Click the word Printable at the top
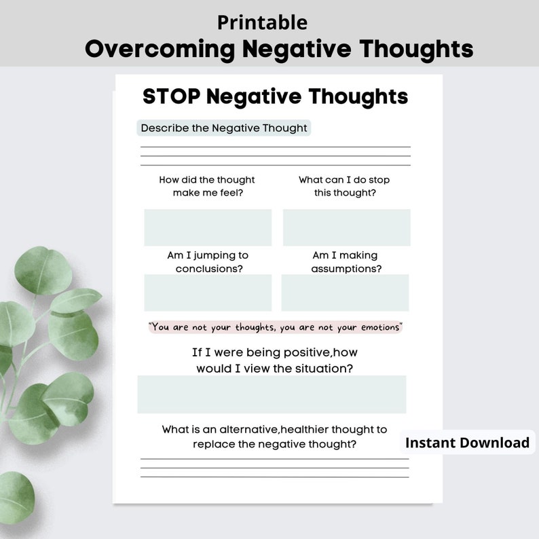click(262, 22)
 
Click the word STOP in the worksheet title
click(171, 96)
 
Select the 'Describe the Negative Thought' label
click(224, 128)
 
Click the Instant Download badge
click(467, 443)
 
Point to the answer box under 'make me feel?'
click(208, 227)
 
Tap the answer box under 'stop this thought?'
click(346, 227)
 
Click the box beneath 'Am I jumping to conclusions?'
click(208, 293)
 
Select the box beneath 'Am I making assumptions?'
click(345, 293)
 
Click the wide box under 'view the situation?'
click(272, 394)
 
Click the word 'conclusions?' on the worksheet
click(209, 268)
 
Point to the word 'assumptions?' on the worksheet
click(346, 268)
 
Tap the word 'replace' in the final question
click(212, 444)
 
